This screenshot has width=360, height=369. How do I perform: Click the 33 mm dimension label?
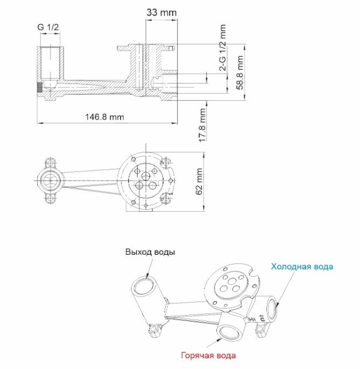pyautogui.click(x=161, y=12)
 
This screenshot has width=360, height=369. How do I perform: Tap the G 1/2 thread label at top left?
pyautogui.click(x=48, y=27)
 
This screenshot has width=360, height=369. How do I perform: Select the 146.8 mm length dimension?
pyautogui.click(x=104, y=117)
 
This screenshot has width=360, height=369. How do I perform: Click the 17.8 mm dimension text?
pyautogui.click(x=202, y=125)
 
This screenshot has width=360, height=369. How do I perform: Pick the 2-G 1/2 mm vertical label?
pyautogui.click(x=222, y=47)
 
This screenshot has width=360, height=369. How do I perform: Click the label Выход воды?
pyautogui.click(x=150, y=252)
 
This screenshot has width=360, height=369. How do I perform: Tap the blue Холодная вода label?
pyautogui.click(x=302, y=267)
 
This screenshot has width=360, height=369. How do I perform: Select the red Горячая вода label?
pyautogui.click(x=208, y=355)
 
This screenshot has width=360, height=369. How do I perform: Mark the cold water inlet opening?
pyautogui.click(x=272, y=308)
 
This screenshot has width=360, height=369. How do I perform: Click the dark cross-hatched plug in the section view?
pyautogui.click(x=40, y=87)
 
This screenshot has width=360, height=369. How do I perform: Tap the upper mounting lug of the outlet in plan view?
pyautogui.click(x=51, y=163)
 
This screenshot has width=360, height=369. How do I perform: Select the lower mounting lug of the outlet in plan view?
pyautogui.click(x=51, y=198)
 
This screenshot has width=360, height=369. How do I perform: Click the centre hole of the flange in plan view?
pyautogui.click(x=146, y=176)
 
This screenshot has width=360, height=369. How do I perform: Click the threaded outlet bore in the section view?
pyautogui.click(x=50, y=63)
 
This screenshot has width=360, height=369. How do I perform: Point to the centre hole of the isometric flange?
pyautogui.click(x=232, y=281)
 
